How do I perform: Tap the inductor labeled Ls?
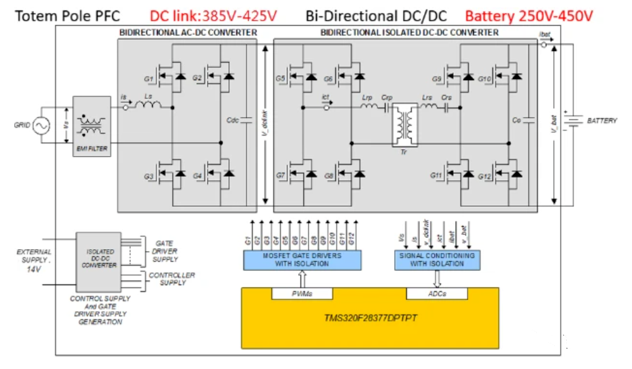point(148,105)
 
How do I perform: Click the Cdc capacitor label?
point(233,119)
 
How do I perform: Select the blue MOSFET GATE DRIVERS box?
point(301,260)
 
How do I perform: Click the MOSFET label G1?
point(148,80)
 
